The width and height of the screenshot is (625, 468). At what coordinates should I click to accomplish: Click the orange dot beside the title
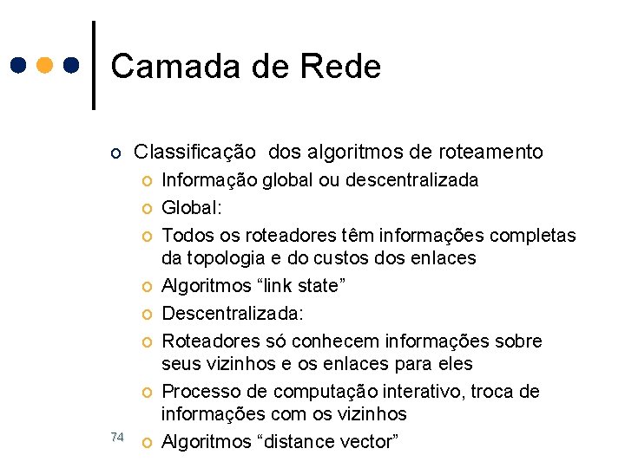(x=46, y=65)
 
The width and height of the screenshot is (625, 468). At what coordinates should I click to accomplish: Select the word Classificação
(x=194, y=153)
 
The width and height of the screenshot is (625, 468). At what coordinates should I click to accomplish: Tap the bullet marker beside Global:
(x=148, y=209)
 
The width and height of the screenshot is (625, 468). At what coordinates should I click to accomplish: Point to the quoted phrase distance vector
(x=333, y=442)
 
